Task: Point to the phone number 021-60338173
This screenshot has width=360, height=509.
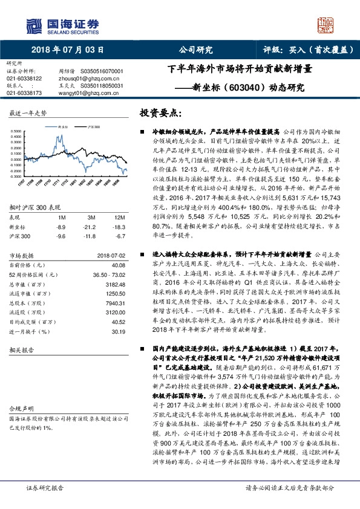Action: pyautogui.click(x=24, y=93)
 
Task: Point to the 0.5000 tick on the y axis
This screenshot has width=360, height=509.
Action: pyautogui.click(x=18, y=131)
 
